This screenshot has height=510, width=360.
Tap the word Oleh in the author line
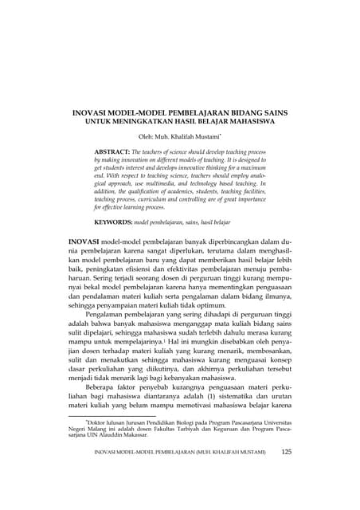pyautogui.click(x=147, y=136)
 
